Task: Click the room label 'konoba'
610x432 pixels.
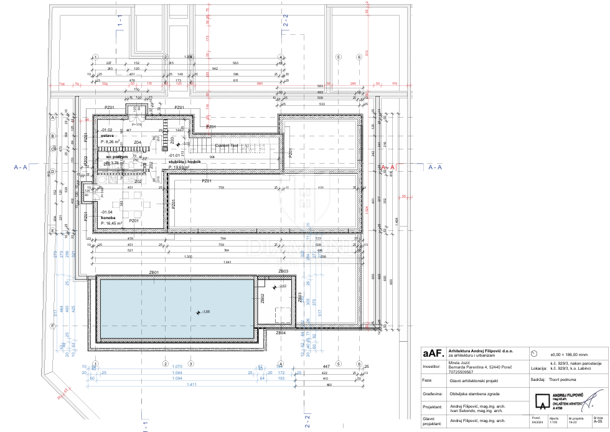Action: pyautogui.click(x=107, y=217)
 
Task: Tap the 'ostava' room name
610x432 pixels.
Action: pyautogui.click(x=106, y=135)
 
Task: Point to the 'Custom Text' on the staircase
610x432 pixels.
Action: pyautogui.click(x=227, y=145)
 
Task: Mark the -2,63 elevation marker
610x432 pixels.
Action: pyautogui.click(x=281, y=286)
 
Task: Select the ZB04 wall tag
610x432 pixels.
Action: pyautogui.click(x=281, y=333)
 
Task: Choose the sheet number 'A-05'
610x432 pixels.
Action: pyautogui.click(x=598, y=424)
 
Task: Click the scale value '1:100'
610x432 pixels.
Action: pyautogui.click(x=554, y=424)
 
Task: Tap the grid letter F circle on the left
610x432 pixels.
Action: pyautogui.click(x=54, y=326)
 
